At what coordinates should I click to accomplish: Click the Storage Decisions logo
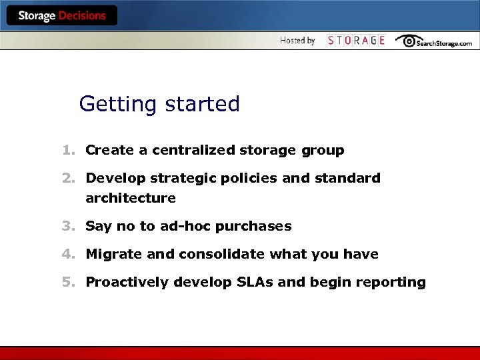62,16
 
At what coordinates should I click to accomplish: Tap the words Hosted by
297,41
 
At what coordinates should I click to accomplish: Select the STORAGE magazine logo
356,41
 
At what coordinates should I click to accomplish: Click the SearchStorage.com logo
434,41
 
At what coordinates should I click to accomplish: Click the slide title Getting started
159,104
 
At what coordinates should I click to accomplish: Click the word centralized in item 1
193,151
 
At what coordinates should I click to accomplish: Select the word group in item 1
323,151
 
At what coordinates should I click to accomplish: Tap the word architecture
131,198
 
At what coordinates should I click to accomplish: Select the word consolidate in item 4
225,255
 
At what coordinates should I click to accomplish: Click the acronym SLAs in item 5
255,283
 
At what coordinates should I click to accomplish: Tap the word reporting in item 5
391,283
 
